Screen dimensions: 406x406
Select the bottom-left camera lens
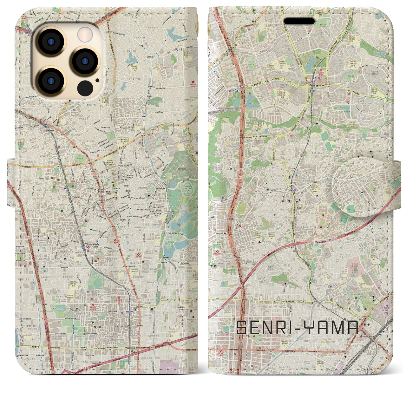pyautogui.click(x=51, y=81)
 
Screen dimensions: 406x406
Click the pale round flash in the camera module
pyautogui.click(x=85, y=34)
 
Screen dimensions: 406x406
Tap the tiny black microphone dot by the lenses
pyautogui.click(x=97, y=80)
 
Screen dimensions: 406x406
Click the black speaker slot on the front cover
pyautogui.click(x=299, y=21)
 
